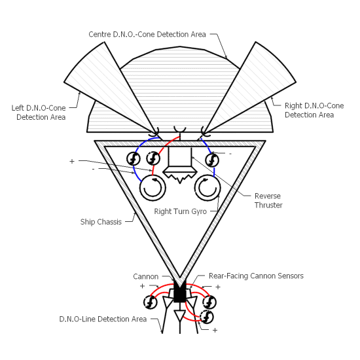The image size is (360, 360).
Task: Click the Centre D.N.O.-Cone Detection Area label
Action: (x=147, y=35)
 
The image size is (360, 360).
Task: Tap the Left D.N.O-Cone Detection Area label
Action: (x=39, y=113)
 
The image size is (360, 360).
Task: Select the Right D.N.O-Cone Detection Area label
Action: (x=314, y=110)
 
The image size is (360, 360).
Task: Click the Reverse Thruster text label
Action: (x=268, y=200)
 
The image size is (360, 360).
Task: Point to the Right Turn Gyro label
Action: (x=180, y=211)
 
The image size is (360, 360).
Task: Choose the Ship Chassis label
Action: (x=101, y=222)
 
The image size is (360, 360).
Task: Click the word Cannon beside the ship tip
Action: (x=146, y=276)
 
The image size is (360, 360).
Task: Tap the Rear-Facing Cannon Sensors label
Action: (x=256, y=276)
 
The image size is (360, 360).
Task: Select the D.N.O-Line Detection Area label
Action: (x=103, y=319)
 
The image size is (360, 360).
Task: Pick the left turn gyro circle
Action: (x=153, y=188)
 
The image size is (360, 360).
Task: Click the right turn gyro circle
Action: (x=207, y=188)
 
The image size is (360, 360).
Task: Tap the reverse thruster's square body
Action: (x=180, y=156)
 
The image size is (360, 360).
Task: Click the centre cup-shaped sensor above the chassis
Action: (x=180, y=129)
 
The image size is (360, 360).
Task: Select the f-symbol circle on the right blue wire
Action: (x=212, y=160)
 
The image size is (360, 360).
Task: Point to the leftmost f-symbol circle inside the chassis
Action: (x=134, y=158)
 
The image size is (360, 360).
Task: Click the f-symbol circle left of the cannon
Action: (x=151, y=302)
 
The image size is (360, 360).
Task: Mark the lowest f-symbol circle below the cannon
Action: (x=207, y=317)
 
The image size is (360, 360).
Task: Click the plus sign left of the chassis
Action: (x=72, y=162)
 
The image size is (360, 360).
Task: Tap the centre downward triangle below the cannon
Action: (x=180, y=316)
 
